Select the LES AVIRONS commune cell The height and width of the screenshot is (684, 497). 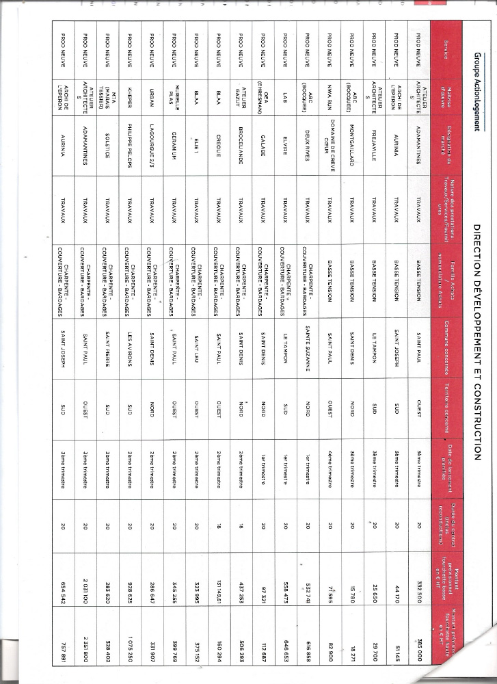(x=128, y=354)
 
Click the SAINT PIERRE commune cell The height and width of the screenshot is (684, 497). (x=106, y=354)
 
